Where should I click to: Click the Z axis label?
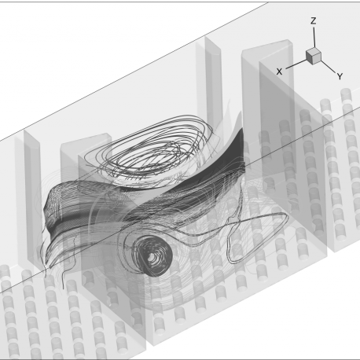coord(313,21)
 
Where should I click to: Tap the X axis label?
coord(279,72)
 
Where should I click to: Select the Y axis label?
coord(340,76)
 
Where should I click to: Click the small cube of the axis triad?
coord(314,56)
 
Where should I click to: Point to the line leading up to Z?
coord(314,37)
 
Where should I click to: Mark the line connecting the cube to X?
coord(296,64)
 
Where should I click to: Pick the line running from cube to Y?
coord(328,67)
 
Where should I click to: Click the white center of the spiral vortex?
coord(152,258)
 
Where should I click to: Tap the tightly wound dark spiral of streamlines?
coord(152,256)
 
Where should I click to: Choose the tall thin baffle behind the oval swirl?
coord(213,86)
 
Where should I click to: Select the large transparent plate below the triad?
coord(293,157)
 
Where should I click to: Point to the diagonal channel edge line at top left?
coord(134,71)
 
